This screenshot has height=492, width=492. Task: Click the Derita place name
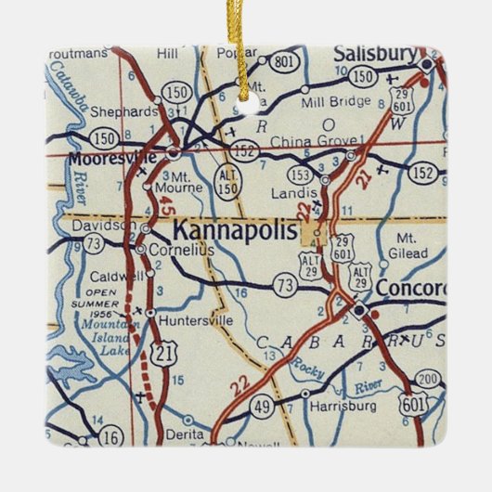(184, 434)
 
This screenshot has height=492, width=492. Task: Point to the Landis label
(288, 193)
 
